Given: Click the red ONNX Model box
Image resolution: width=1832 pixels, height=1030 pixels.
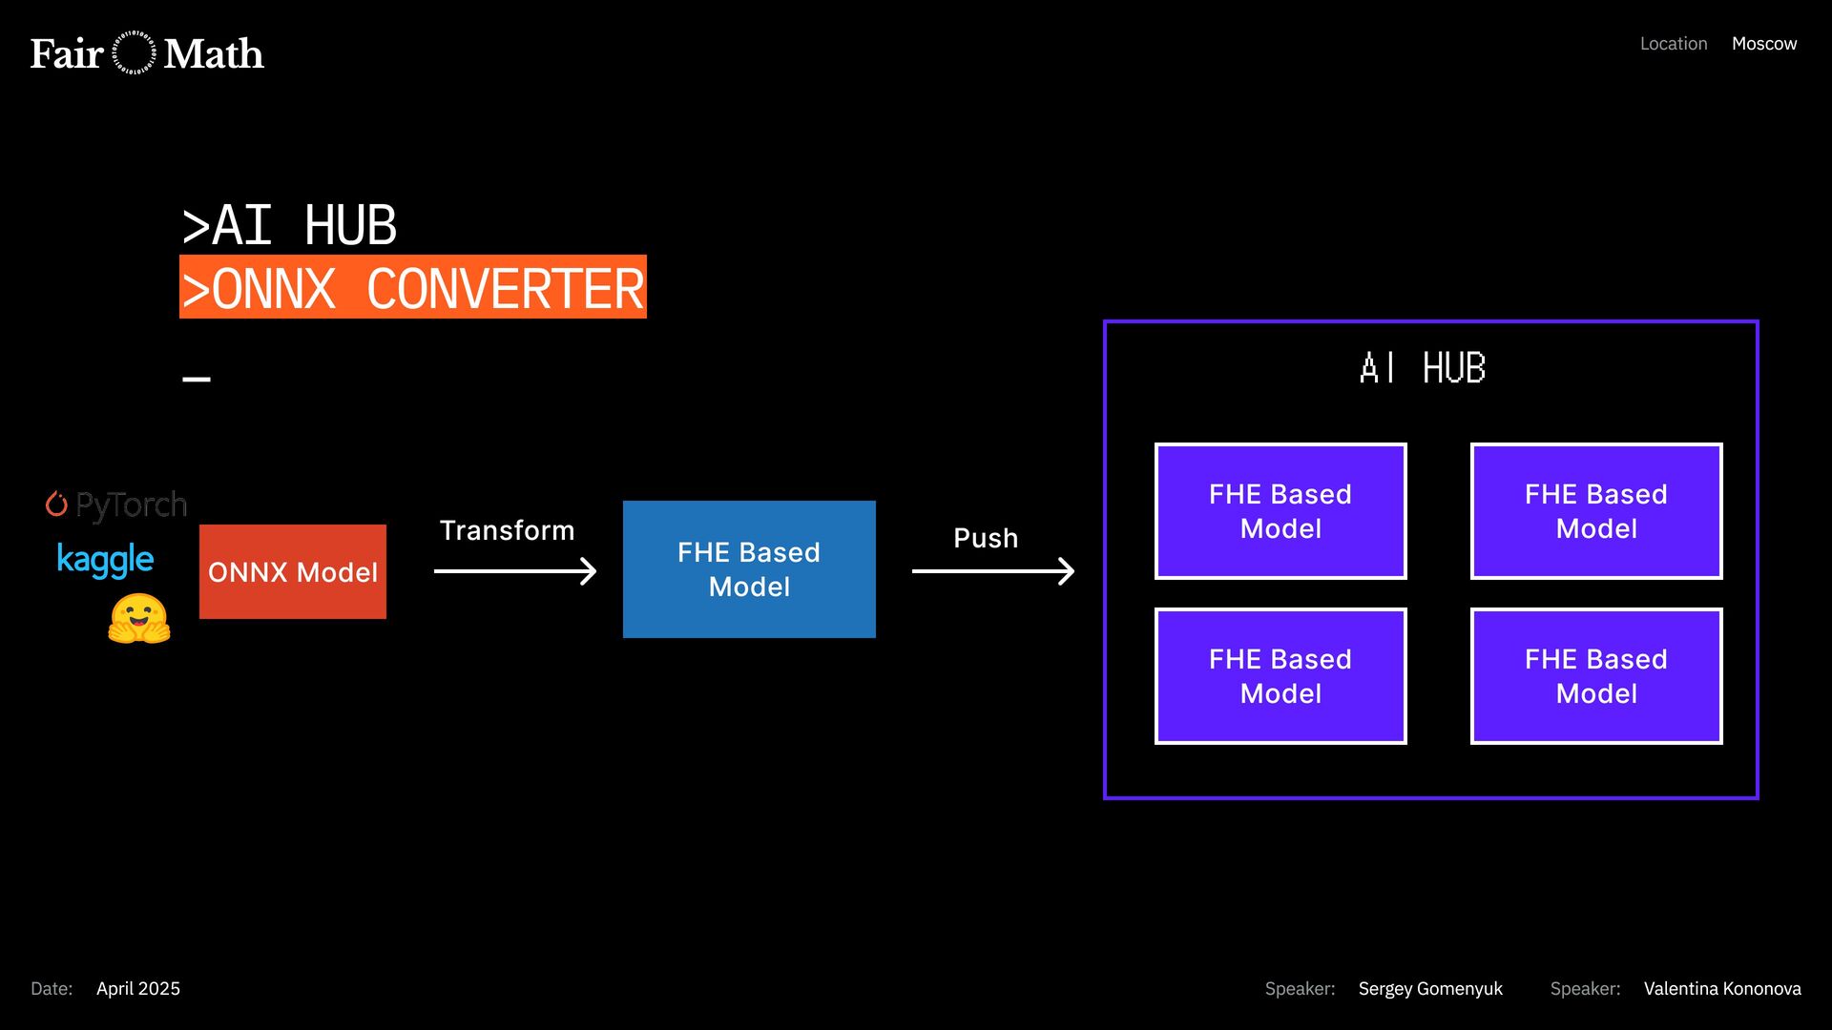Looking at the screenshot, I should tap(293, 571).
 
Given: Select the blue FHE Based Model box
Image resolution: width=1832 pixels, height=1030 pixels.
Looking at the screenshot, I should tap(749, 569).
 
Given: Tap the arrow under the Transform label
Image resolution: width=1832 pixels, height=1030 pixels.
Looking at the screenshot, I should tap(515, 571).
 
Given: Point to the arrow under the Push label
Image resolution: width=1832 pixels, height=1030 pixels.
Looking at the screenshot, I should tap(993, 571).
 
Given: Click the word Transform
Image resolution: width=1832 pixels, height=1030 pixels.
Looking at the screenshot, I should tap(507, 530).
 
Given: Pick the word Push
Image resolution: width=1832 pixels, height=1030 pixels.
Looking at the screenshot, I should tap(986, 538).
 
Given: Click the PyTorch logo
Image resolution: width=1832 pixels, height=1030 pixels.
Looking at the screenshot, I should tap(116, 505).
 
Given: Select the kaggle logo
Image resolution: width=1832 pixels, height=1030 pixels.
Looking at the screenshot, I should tap(105, 560).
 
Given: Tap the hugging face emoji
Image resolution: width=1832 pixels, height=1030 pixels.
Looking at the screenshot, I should tap(139, 619).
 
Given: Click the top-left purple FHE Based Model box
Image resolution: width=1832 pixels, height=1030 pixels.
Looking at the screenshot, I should tap(1280, 511).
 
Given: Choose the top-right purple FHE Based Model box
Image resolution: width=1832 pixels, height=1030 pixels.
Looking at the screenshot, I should tap(1596, 511).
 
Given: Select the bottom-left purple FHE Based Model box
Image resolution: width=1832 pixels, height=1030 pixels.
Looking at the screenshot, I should tap(1280, 676).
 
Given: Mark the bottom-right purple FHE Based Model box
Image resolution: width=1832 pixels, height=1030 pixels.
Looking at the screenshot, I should tap(1596, 676).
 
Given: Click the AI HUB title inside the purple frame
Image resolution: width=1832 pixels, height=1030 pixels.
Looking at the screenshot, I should tap(1423, 368).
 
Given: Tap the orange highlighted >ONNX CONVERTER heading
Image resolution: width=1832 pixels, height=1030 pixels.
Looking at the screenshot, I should tap(413, 287).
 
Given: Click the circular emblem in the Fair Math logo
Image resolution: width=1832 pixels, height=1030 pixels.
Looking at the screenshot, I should tap(134, 53).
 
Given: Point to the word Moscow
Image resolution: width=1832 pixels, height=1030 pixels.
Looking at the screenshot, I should tap(1764, 44).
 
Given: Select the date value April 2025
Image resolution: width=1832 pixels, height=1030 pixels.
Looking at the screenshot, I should tap(138, 989).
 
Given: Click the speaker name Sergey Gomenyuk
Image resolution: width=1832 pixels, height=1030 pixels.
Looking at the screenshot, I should tap(1430, 989).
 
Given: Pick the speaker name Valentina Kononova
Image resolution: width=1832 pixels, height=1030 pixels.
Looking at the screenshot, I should tap(1722, 989).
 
